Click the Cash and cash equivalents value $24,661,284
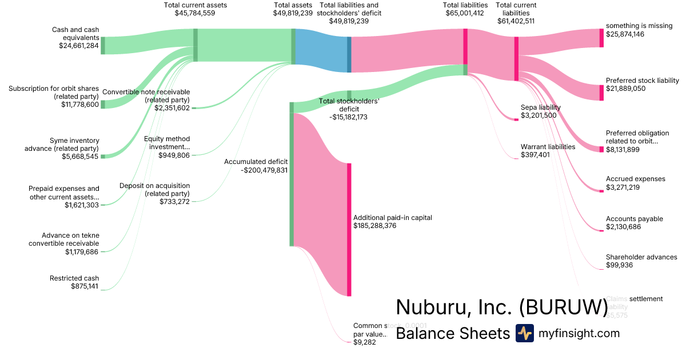[x=79, y=46]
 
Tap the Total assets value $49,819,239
[x=293, y=13]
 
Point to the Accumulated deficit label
[x=256, y=162]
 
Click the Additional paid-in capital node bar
[x=349, y=229]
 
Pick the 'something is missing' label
[x=639, y=26]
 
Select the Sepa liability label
[x=540, y=107]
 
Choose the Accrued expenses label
[x=635, y=179]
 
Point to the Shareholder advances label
[x=641, y=257]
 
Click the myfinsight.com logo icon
[x=524, y=333]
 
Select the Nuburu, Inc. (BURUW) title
[x=502, y=307]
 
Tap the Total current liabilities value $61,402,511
[x=516, y=21]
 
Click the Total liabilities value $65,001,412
[x=465, y=13]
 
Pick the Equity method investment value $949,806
[x=174, y=155]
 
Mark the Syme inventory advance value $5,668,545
[x=80, y=156]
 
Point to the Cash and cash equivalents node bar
[x=103, y=45]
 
